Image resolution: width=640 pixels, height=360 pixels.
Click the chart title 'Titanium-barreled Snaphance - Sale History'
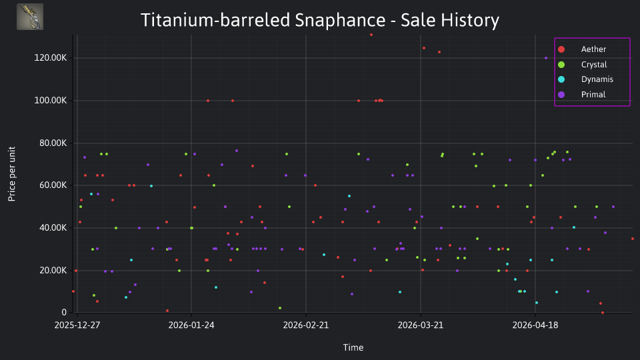(319, 20)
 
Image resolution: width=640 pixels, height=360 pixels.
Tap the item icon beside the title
(30, 17)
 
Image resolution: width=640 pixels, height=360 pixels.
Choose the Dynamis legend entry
(585, 79)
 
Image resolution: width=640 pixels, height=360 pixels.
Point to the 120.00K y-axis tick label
(50, 57)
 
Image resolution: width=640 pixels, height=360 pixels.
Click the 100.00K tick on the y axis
(50, 101)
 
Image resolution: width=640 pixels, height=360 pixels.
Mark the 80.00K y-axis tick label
(51, 143)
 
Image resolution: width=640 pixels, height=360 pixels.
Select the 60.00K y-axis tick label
(51, 185)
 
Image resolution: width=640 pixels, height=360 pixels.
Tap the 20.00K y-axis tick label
(51, 270)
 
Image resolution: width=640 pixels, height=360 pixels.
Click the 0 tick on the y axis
(64, 312)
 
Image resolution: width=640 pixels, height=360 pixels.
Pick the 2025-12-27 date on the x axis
(77, 325)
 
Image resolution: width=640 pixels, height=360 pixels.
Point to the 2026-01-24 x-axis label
(191, 325)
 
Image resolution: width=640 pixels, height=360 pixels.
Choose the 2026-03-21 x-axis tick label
(421, 325)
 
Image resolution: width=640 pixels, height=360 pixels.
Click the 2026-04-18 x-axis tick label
(535, 325)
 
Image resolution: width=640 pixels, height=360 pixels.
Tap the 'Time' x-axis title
(353, 347)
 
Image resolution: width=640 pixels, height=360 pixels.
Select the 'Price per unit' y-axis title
(12, 174)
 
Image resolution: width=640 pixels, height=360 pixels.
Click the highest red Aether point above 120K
(371, 35)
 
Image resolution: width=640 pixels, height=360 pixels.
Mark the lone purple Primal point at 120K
(546, 58)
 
